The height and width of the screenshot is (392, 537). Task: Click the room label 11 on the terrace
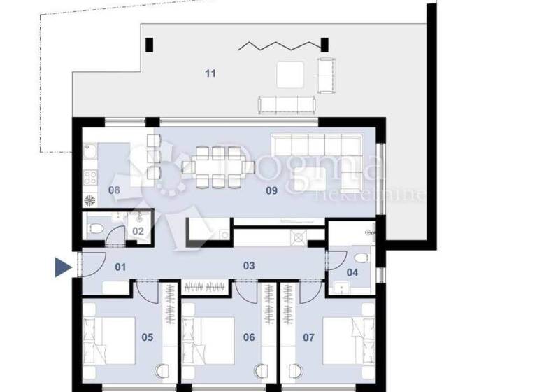[x=210, y=73]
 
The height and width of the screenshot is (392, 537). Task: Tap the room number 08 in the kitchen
[x=115, y=190]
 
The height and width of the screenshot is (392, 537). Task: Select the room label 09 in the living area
[x=272, y=190]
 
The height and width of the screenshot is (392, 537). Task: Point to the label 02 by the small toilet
[x=138, y=230]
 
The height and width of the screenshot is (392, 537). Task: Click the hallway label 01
[x=120, y=266]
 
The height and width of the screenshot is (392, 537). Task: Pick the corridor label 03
[x=248, y=266]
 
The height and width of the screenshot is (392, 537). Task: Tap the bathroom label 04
[x=352, y=272]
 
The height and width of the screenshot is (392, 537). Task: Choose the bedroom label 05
[x=147, y=337]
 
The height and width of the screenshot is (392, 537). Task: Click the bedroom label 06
[x=248, y=337]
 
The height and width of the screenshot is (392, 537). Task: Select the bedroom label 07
[x=308, y=337]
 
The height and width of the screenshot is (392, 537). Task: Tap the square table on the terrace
[x=289, y=75]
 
